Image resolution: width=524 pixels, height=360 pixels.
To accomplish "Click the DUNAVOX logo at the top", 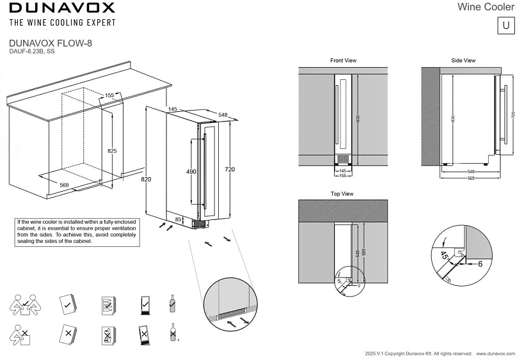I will tap(62, 8).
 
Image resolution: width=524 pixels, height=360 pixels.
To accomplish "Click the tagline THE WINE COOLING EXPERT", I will tap(62, 23).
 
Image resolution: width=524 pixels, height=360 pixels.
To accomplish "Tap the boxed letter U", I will tap(506, 26).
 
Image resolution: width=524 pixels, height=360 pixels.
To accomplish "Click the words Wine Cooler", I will tap(486, 7).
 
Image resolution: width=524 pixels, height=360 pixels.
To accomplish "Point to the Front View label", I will tap(343, 61).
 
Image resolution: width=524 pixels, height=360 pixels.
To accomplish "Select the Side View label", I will tap(463, 61).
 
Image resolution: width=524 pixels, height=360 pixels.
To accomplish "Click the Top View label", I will tap(342, 194).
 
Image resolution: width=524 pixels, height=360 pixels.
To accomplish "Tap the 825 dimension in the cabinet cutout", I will tap(112, 151).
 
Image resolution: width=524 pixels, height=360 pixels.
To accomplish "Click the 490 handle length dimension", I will tap(191, 172).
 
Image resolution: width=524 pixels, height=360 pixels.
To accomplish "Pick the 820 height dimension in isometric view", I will tap(146, 180).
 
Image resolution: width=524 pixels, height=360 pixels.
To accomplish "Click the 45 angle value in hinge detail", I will tap(444, 256).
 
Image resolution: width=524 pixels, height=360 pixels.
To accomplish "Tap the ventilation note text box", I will tap(76, 231).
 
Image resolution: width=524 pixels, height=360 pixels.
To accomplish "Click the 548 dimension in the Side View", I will tap(470, 172).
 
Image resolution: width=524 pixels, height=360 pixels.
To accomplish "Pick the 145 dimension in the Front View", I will tap(343, 171).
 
